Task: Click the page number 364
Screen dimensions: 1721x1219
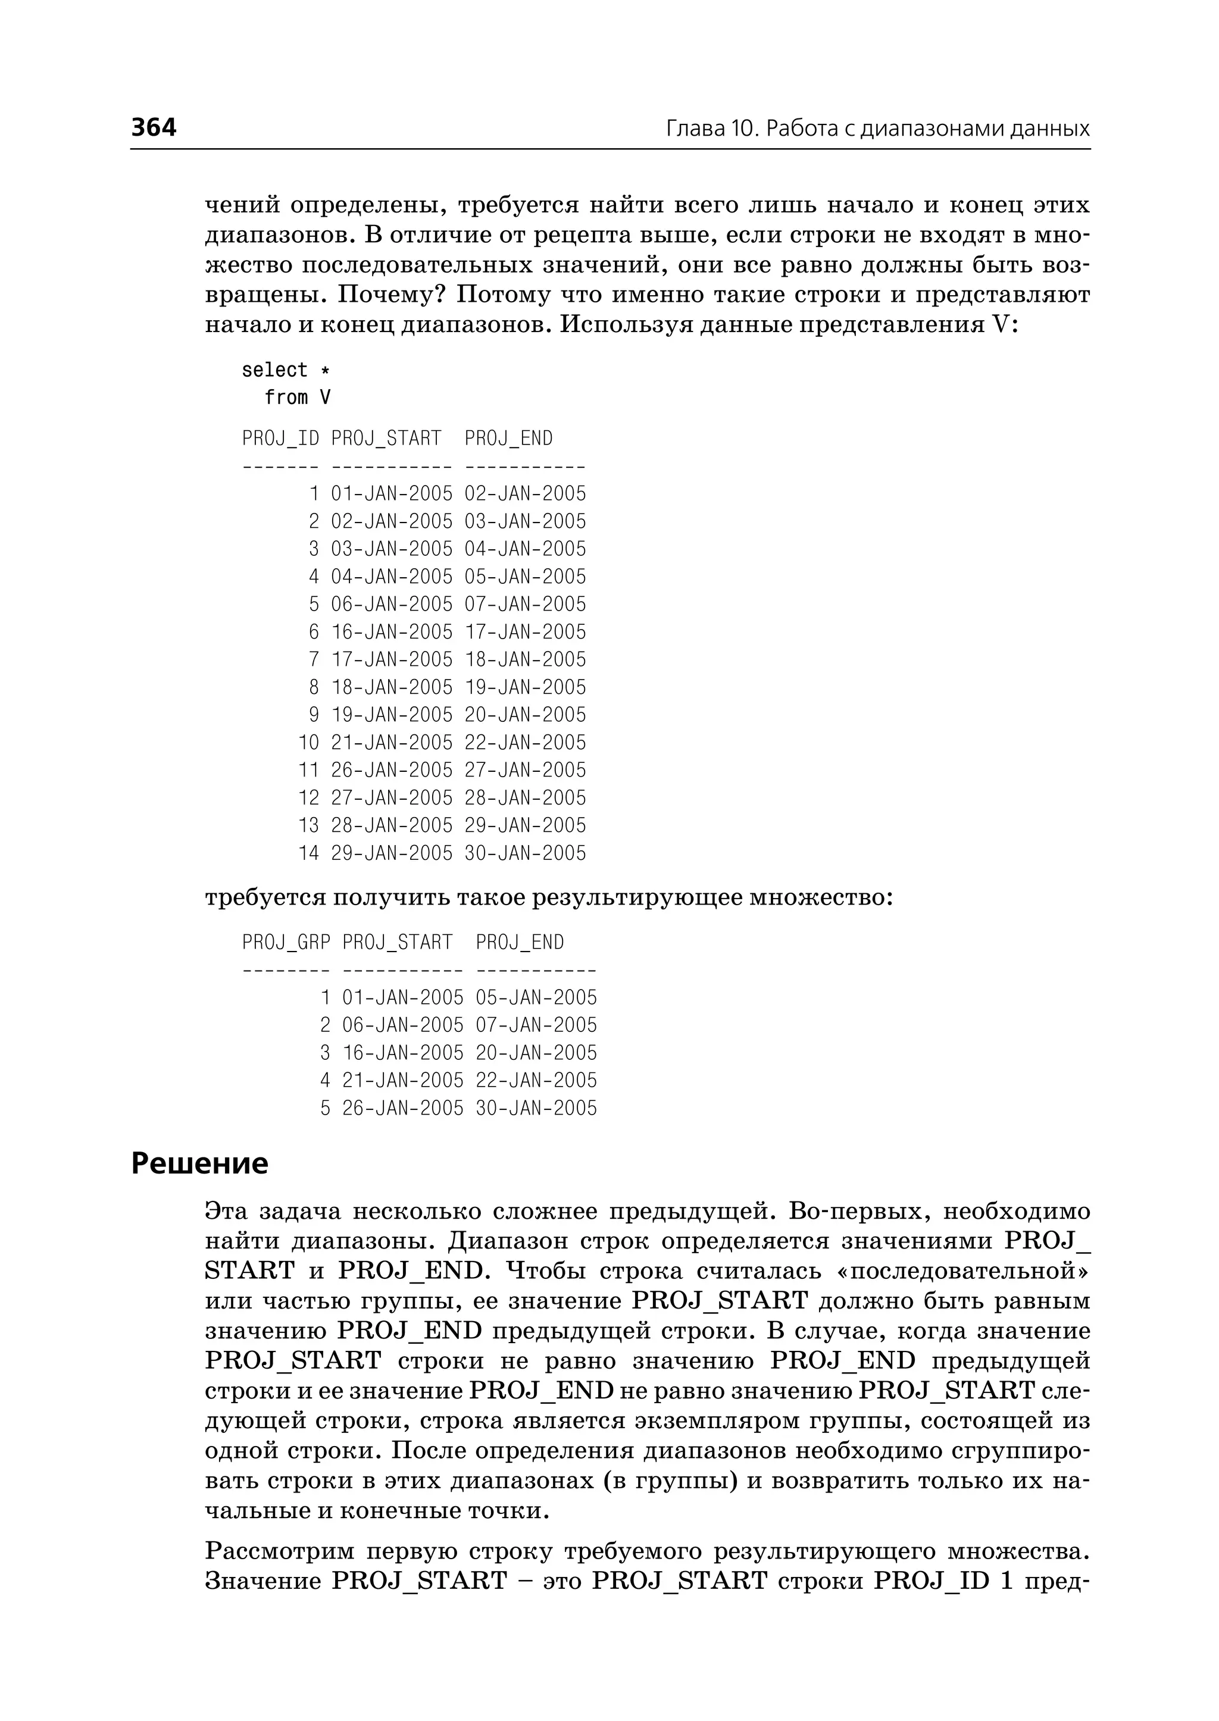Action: tap(154, 127)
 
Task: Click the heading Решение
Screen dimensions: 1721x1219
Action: tap(199, 1164)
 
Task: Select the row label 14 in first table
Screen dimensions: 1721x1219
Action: tap(308, 853)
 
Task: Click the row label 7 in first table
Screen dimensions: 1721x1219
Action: tap(314, 660)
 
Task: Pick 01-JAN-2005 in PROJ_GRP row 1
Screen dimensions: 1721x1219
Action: tap(403, 997)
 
